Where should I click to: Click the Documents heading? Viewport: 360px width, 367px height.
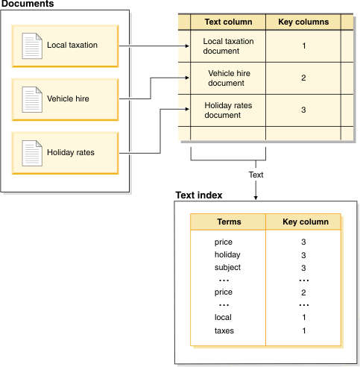27,4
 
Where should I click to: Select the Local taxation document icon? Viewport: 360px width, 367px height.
31,46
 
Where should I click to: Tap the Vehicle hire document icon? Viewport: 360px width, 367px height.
31,98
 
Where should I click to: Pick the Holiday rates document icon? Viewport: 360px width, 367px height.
31,152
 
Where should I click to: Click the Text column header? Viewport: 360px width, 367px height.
228,22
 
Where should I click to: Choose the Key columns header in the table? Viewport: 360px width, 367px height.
303,22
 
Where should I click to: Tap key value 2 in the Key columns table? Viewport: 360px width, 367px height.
303,78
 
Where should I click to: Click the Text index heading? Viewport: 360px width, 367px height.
198,195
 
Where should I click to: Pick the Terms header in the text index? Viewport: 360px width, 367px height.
229,222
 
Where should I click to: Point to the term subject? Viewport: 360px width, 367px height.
227,268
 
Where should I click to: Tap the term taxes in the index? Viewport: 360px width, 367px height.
224,330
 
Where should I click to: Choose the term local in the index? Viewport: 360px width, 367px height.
223,318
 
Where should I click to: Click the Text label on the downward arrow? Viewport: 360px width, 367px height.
256,175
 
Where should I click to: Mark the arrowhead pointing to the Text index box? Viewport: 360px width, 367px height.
256,197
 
